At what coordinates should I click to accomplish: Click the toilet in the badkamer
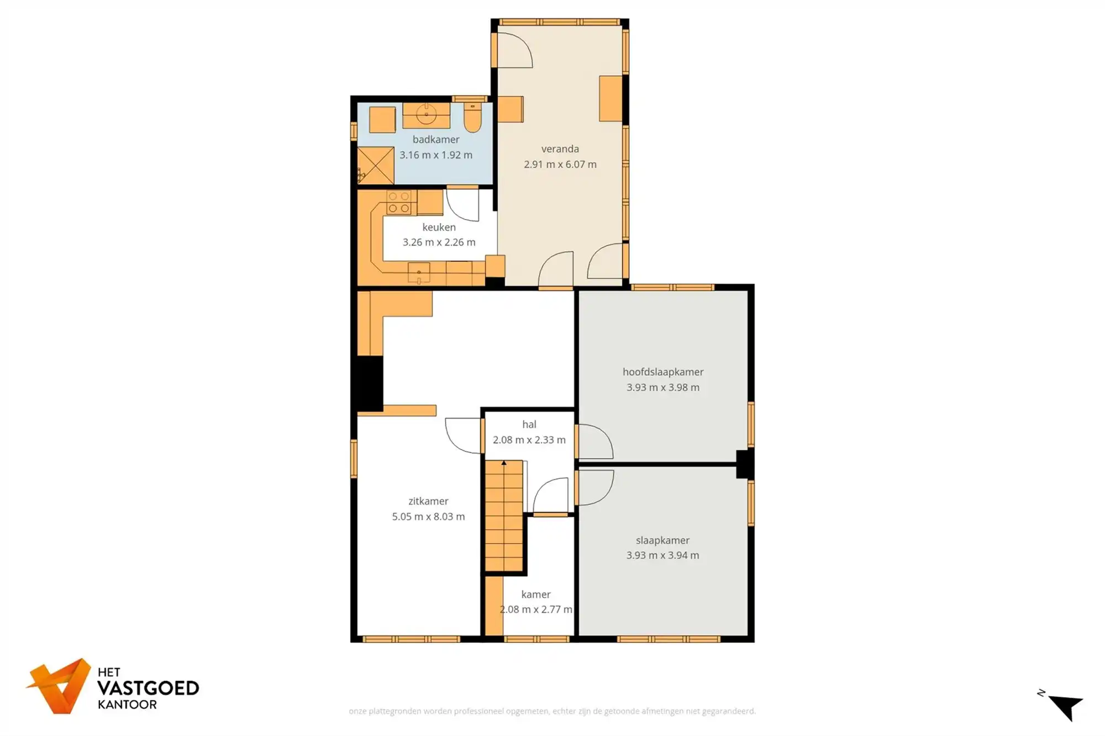coord(472,118)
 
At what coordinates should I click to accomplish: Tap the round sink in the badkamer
coord(426,115)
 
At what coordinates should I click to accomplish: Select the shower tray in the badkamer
coord(376,166)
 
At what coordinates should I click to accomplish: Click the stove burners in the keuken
coord(398,202)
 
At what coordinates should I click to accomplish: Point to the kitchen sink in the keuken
coord(419,273)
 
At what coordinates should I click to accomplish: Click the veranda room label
coord(560,149)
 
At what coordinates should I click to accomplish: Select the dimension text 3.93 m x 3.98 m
coord(662,388)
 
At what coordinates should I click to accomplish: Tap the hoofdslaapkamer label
coord(662,372)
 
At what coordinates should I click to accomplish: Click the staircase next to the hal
coord(504,516)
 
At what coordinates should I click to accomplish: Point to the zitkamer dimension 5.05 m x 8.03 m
coord(428,517)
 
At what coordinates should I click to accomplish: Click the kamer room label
coord(535,595)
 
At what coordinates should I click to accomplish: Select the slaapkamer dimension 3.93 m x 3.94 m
coord(662,555)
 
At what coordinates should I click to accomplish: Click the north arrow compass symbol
coord(1065,706)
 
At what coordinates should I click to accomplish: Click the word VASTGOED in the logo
coord(148,689)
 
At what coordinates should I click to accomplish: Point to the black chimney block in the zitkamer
coord(370,383)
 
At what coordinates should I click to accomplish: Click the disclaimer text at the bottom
coord(552,711)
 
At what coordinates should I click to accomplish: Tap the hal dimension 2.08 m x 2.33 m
coord(529,440)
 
